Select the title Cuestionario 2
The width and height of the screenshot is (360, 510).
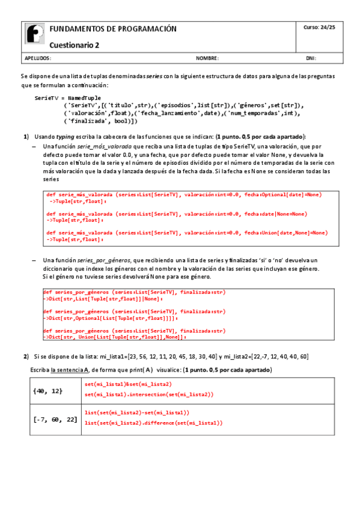click(75, 45)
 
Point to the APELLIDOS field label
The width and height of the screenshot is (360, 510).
click(38, 59)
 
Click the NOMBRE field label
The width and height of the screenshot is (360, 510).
click(207, 59)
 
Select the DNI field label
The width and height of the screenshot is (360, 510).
click(311, 59)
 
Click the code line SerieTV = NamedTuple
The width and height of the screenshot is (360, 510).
click(68, 97)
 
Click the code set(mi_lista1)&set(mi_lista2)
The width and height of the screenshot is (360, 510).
click(128, 384)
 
